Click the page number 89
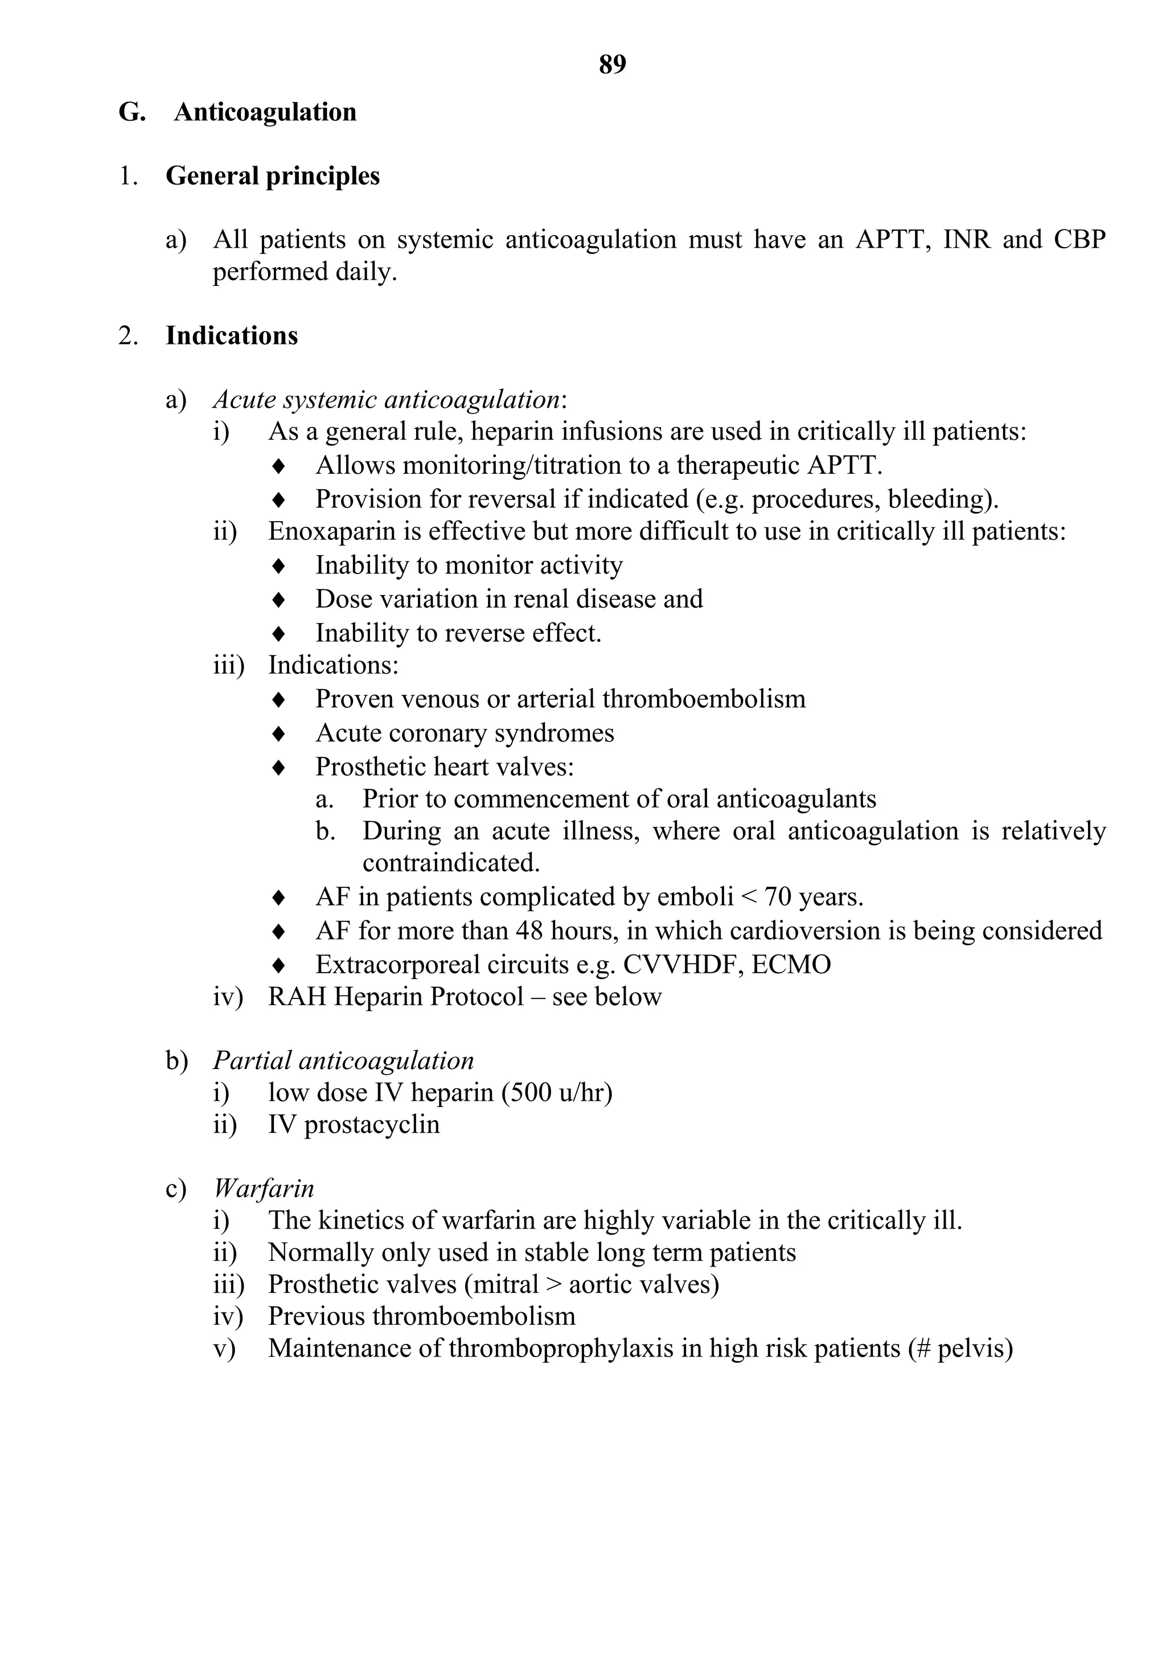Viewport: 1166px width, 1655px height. point(612,65)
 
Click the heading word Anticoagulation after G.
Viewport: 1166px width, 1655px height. point(265,112)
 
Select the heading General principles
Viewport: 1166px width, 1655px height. point(272,176)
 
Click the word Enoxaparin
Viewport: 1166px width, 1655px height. point(328,531)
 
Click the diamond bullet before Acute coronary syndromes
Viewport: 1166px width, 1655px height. point(279,734)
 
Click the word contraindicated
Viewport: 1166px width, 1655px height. point(450,863)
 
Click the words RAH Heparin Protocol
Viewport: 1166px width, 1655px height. point(395,997)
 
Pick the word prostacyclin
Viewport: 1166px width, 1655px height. point(372,1124)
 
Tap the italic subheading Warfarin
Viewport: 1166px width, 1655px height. point(264,1188)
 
